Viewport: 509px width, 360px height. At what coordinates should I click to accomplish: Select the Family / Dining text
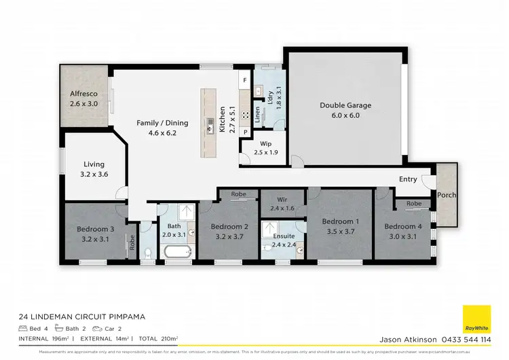pyautogui.click(x=162, y=123)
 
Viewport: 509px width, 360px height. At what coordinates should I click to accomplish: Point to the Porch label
pyautogui.click(x=447, y=196)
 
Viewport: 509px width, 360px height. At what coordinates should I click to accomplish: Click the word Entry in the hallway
pyautogui.click(x=408, y=179)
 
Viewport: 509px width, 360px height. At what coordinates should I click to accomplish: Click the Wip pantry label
pyautogui.click(x=265, y=144)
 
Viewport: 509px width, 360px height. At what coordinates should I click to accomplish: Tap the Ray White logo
pyautogui.click(x=476, y=319)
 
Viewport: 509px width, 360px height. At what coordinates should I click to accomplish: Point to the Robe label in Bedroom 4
pyautogui.click(x=414, y=203)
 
